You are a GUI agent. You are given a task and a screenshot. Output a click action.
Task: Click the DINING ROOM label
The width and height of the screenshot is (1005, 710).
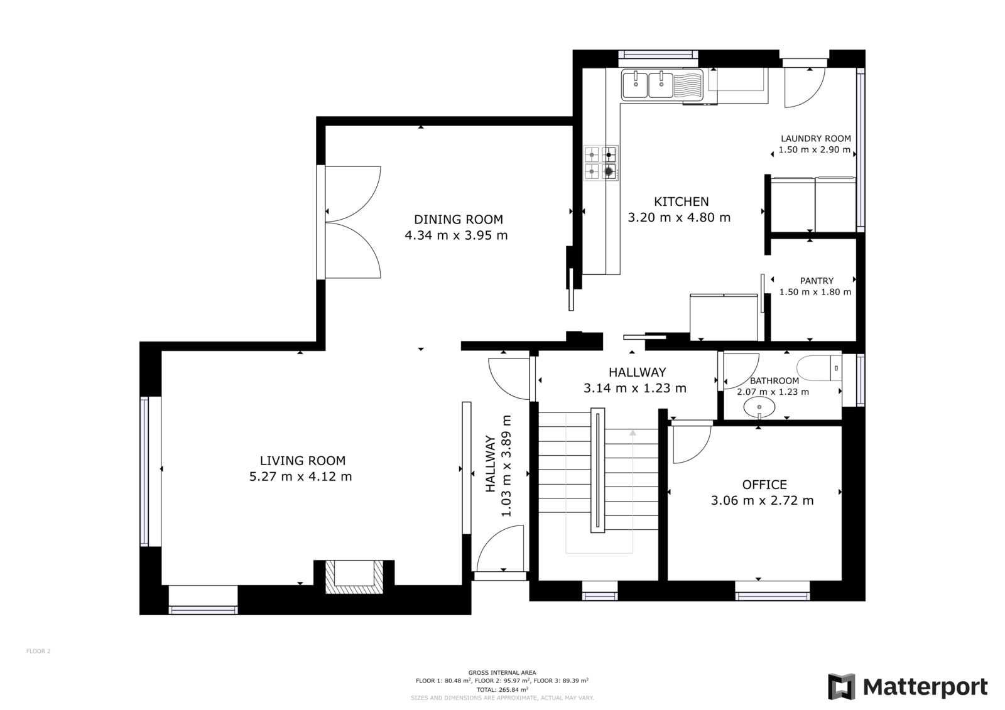[458, 219]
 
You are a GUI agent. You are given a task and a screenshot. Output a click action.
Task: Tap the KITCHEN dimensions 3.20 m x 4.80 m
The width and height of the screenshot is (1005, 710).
[679, 218]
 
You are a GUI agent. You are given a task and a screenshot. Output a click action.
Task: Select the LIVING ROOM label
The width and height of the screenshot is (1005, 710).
[303, 461]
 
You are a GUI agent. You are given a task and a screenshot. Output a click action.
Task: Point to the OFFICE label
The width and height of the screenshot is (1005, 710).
[764, 485]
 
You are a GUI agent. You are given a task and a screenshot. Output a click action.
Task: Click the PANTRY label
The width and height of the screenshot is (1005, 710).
[817, 281]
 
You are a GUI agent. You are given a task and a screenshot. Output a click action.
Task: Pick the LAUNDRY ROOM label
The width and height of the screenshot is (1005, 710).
[816, 139]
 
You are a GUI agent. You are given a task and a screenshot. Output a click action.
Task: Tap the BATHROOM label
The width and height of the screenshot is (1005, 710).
[774, 381]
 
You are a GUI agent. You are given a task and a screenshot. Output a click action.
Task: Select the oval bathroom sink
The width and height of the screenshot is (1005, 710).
[759, 407]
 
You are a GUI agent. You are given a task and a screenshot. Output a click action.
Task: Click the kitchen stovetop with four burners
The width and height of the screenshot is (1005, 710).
[600, 163]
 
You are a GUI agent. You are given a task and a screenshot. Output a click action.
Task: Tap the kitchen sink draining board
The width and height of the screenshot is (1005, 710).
[687, 85]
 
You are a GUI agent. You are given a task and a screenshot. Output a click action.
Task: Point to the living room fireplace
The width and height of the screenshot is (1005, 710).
[354, 577]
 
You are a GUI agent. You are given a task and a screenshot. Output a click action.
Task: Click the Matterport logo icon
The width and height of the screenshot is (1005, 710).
[841, 686]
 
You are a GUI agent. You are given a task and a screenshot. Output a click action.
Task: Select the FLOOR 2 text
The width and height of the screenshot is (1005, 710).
[38, 651]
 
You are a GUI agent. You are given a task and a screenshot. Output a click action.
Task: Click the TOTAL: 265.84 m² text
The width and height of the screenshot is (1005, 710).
[502, 689]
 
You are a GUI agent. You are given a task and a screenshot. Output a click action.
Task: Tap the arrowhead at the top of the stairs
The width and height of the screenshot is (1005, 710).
[633, 433]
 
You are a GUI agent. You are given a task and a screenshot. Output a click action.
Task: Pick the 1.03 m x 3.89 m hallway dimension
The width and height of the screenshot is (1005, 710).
[506, 466]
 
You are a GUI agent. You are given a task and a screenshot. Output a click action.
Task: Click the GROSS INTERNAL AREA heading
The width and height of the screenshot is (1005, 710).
[502, 673]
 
